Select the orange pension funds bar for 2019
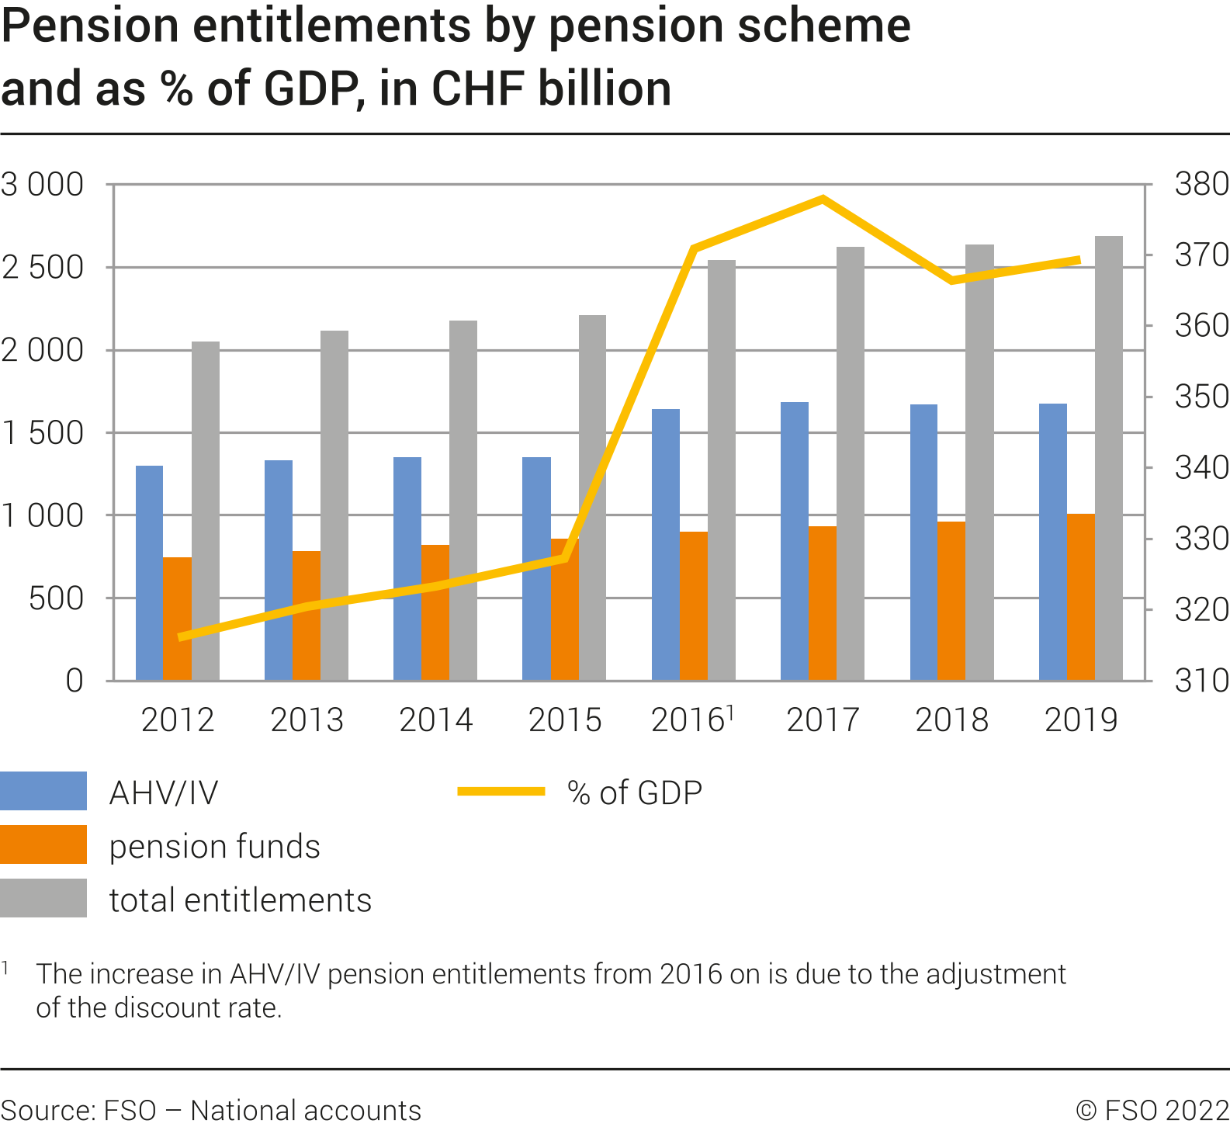click(1080, 597)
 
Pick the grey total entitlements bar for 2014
click(463, 501)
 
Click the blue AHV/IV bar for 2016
click(665, 544)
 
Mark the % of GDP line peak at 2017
click(823, 199)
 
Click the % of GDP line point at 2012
click(180, 637)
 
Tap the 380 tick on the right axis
click(1201, 185)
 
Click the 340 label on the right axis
click(1201, 468)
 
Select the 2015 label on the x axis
click(565, 720)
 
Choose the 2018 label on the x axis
click(951, 720)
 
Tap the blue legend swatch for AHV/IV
click(43, 791)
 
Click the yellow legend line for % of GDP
click(501, 792)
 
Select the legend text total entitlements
click(240, 900)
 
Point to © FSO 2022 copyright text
click(1152, 1110)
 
